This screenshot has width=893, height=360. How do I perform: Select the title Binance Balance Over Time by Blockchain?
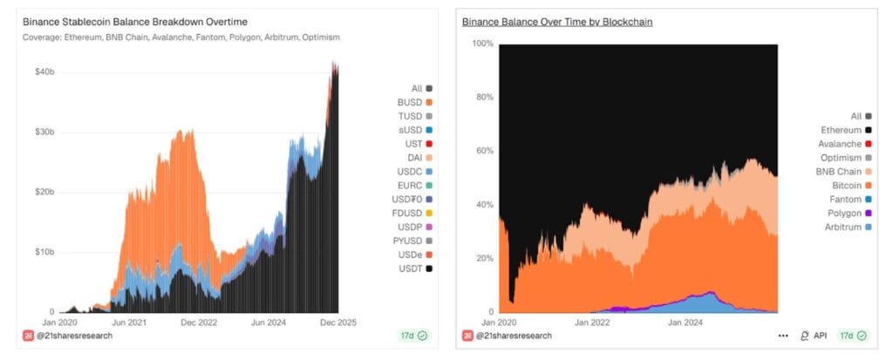[556, 21]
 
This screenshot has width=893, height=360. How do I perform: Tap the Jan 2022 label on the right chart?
[592, 322]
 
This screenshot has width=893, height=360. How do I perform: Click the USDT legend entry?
[409, 268]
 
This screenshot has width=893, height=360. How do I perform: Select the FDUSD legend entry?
[407, 212]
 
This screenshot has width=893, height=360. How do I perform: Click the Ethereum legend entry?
[842, 130]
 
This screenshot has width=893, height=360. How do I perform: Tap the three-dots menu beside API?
[784, 336]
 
